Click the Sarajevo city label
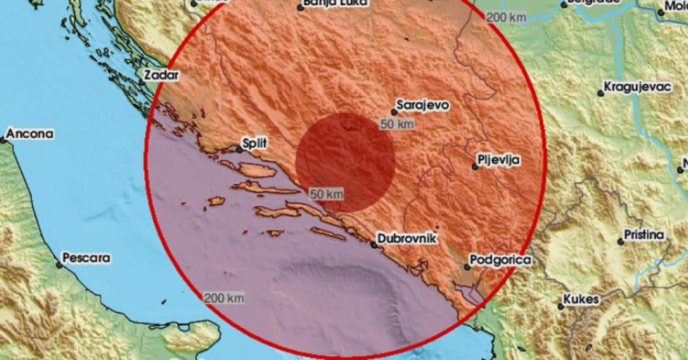[423, 105]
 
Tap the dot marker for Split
[239, 150]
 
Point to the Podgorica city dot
[467, 267]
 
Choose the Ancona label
[31, 134]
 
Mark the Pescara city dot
[59, 264]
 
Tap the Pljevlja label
[499, 160]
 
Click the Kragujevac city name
[637, 87]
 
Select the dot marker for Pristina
[620, 242]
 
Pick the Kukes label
[581, 299]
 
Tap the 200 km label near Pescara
[224, 297]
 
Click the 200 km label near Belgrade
[505, 17]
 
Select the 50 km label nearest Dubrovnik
[326, 195]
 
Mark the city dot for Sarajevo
[394, 112]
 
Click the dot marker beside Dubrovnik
[374, 245]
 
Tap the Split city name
[255, 143]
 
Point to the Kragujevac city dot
[600, 93]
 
